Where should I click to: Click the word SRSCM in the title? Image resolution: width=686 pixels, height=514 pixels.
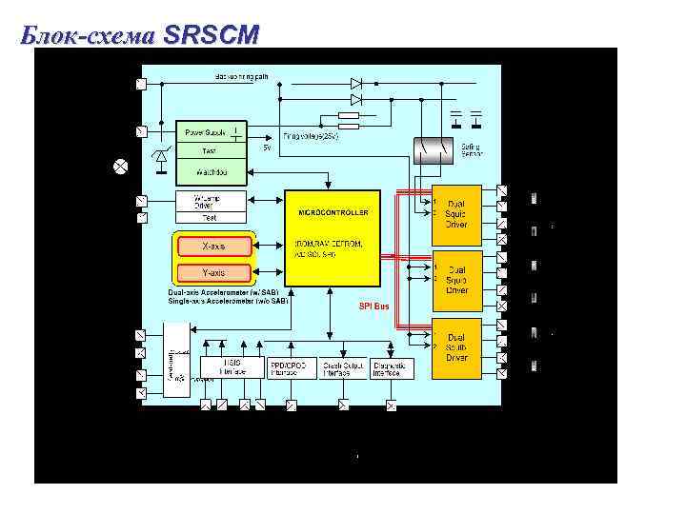point(211,35)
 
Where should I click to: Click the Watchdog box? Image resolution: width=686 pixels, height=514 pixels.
point(212,172)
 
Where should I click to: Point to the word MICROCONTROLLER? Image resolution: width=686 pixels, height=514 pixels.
point(333,212)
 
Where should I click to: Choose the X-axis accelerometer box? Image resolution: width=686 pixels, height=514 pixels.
point(213,247)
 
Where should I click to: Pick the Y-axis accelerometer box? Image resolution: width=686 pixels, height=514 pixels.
point(213,272)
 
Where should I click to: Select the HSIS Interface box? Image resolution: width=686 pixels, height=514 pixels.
point(232,367)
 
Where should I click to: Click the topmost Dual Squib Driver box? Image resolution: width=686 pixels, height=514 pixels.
point(456,214)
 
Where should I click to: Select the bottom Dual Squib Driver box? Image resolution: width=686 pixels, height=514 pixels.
point(456,347)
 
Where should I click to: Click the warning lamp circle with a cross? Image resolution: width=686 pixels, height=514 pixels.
point(121,167)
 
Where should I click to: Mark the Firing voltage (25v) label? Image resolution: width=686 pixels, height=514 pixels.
point(311,136)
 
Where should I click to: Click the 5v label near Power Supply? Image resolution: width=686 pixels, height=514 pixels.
point(267,148)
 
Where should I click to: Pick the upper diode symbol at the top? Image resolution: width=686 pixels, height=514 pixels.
point(356,84)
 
